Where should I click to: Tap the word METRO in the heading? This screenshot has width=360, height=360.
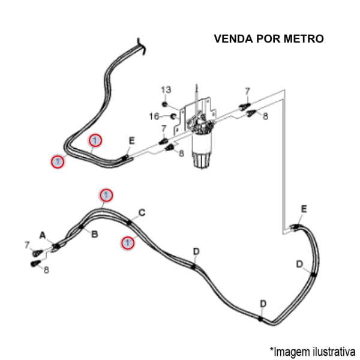pyautogui.click(x=304, y=38)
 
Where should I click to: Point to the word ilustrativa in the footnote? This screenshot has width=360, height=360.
pyautogui.click(x=334, y=351)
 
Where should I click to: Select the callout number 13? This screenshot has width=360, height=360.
pyautogui.click(x=166, y=89)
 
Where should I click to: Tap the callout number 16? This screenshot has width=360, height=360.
pyautogui.click(x=154, y=116)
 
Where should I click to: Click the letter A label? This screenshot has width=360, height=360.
pyautogui.click(x=43, y=235)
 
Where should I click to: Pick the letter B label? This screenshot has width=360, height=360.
pyautogui.click(x=95, y=235)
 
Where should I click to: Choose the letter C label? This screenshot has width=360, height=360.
pyautogui.click(x=142, y=212)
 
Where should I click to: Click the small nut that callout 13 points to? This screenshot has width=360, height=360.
pyautogui.click(x=164, y=104)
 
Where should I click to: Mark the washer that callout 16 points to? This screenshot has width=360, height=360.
pyautogui.click(x=173, y=117)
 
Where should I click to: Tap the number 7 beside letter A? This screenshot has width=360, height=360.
pyautogui.click(x=27, y=245)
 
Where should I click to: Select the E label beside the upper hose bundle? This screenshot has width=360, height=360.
pyautogui.click(x=131, y=141)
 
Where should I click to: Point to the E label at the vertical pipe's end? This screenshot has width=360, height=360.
pyautogui.click(x=304, y=209)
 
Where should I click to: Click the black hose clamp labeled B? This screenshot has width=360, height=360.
pyautogui.click(x=81, y=227)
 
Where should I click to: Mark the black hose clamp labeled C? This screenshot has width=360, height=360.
pyautogui.click(x=129, y=222)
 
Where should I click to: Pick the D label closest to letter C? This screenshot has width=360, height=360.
pyautogui.click(x=196, y=251)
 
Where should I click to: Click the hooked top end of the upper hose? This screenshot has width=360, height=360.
pyautogui.click(x=140, y=46)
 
